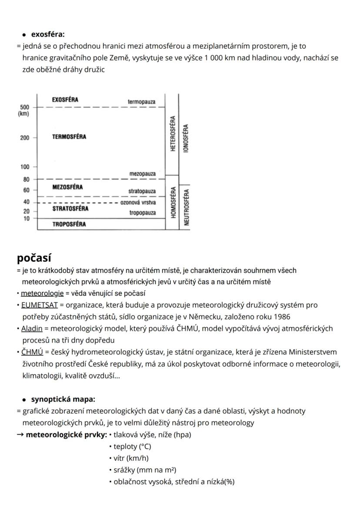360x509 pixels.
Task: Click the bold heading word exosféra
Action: point(48,34)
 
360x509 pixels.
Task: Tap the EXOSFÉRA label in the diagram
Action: point(65,100)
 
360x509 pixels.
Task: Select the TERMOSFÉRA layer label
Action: point(69,137)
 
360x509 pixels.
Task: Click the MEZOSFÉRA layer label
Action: point(67,187)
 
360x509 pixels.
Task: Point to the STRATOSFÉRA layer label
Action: point(70,208)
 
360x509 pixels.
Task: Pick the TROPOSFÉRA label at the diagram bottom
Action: point(69,224)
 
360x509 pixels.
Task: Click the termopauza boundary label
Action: point(141,102)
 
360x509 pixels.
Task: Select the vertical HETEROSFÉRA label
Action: point(173,134)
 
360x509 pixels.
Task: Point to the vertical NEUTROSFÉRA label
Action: point(187,206)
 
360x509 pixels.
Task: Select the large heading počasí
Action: point(34,258)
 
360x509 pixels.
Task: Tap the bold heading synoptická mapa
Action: point(63,399)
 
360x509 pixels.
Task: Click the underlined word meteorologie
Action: point(42,293)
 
